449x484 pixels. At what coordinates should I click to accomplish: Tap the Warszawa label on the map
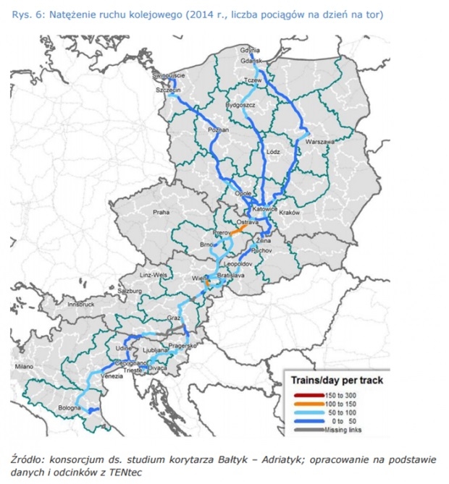(x=319, y=143)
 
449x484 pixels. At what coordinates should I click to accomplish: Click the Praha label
(x=160, y=213)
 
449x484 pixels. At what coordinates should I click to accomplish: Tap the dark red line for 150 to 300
(x=304, y=394)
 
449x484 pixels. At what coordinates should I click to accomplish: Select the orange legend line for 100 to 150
(x=304, y=403)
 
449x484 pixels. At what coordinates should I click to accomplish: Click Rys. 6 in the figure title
(x=23, y=14)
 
